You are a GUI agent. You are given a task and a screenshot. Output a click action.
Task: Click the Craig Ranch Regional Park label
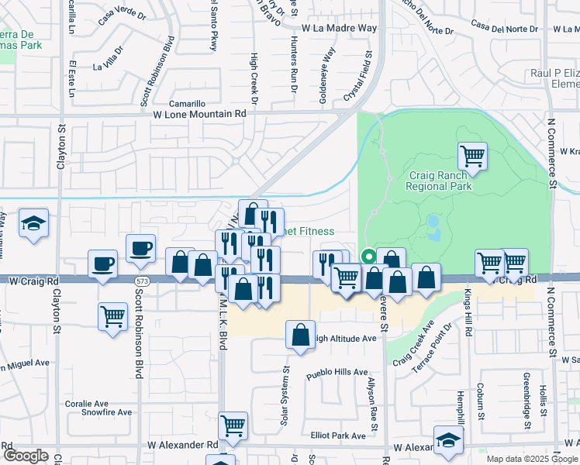[438, 181]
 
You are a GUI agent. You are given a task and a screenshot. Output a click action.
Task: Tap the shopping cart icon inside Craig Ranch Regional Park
[472, 157]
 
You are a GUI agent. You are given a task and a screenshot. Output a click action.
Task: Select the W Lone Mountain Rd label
[199, 113]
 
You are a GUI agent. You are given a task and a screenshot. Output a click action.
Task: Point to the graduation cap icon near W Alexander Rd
[448, 440]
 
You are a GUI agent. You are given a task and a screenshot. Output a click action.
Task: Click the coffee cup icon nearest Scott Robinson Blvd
[140, 248]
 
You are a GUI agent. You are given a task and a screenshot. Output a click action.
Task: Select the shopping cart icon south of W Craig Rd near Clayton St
[113, 316]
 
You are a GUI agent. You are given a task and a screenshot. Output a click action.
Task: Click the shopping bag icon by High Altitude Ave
[300, 335]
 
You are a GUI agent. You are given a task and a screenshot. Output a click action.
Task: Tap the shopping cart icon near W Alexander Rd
[233, 425]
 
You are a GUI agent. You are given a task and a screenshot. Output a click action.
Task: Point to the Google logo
[26, 456]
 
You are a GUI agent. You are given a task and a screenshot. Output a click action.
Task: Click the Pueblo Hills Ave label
[337, 373]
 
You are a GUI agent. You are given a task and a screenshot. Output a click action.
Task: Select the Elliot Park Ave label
[337, 436]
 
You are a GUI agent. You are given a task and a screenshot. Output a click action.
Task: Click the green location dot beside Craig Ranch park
[369, 257]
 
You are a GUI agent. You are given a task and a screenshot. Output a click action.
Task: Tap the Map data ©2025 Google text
[532, 459]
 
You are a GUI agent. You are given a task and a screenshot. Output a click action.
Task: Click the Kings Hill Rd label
[468, 313]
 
